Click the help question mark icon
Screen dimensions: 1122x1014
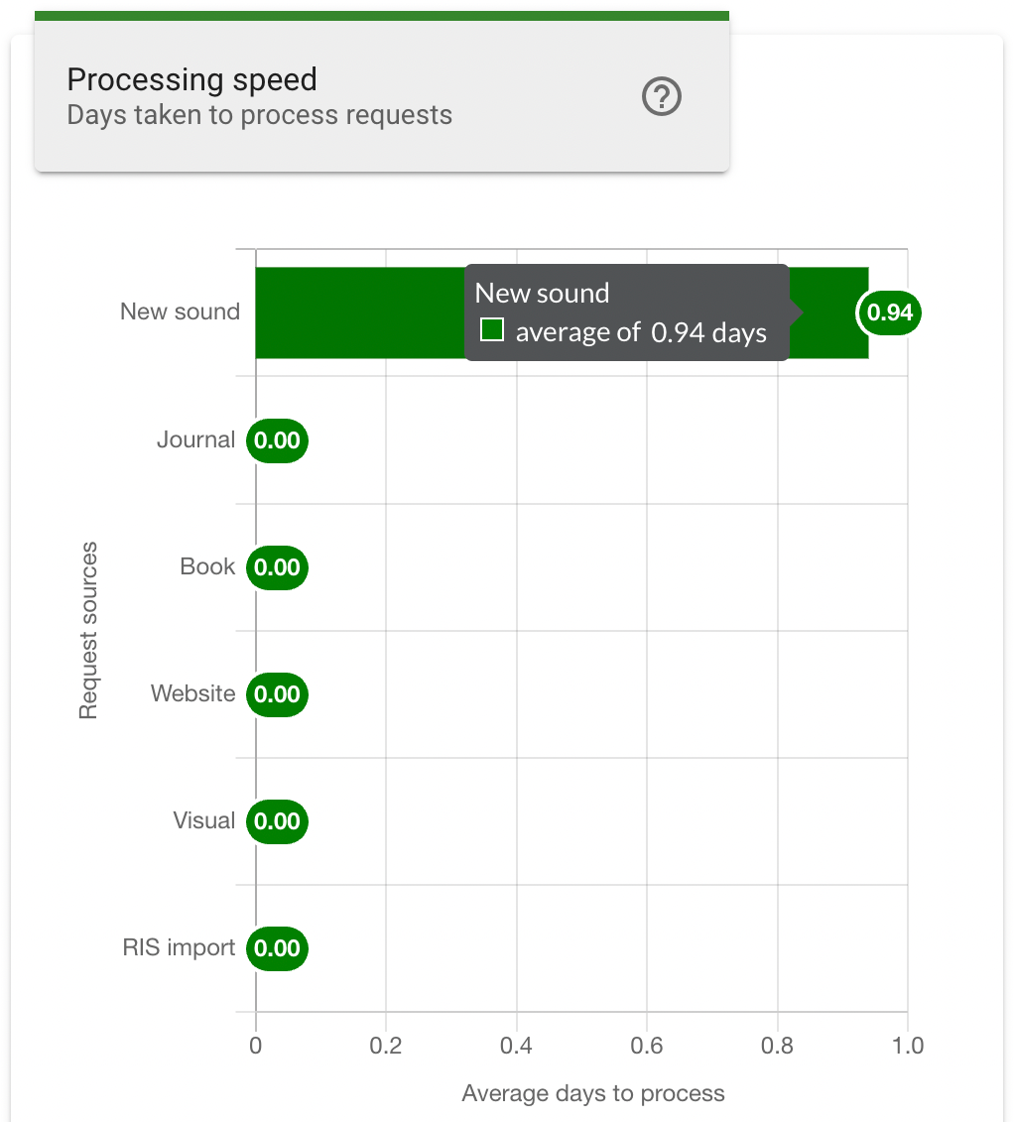(x=662, y=97)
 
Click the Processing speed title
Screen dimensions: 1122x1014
(x=191, y=79)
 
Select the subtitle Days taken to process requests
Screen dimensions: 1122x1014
(x=259, y=115)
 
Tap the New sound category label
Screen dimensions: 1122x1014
(x=180, y=312)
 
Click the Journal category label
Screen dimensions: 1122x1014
(x=195, y=439)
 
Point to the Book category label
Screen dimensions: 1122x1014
(x=207, y=566)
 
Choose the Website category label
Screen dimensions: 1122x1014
(x=192, y=693)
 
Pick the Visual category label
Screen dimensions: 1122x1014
(x=203, y=820)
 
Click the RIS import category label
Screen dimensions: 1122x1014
(x=179, y=947)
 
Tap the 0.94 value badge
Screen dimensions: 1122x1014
(x=889, y=312)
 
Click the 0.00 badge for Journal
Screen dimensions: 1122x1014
(x=277, y=440)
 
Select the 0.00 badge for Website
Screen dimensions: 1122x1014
(x=277, y=694)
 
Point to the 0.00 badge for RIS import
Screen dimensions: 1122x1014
(x=277, y=948)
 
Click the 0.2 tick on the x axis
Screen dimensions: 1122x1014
(x=385, y=1046)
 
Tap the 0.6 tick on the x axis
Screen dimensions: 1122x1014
(x=647, y=1046)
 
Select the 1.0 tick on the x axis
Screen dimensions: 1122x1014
(x=907, y=1046)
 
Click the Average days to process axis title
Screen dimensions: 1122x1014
(x=593, y=1093)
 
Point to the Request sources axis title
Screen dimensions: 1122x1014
(x=89, y=630)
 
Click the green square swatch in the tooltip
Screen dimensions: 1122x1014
(x=491, y=329)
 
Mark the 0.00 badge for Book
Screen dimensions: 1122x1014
(x=277, y=567)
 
